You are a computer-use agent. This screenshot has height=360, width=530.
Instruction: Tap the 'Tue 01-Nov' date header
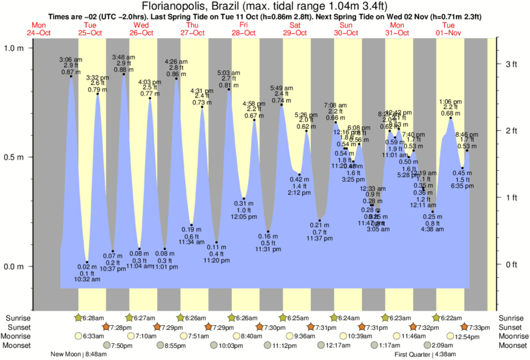[448, 28]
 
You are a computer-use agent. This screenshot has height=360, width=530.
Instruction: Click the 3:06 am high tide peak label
[70, 59]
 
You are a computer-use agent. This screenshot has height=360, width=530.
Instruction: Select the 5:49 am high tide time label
[281, 87]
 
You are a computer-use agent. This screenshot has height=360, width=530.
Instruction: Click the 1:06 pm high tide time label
[450, 102]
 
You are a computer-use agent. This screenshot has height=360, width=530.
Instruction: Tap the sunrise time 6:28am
[95, 317]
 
